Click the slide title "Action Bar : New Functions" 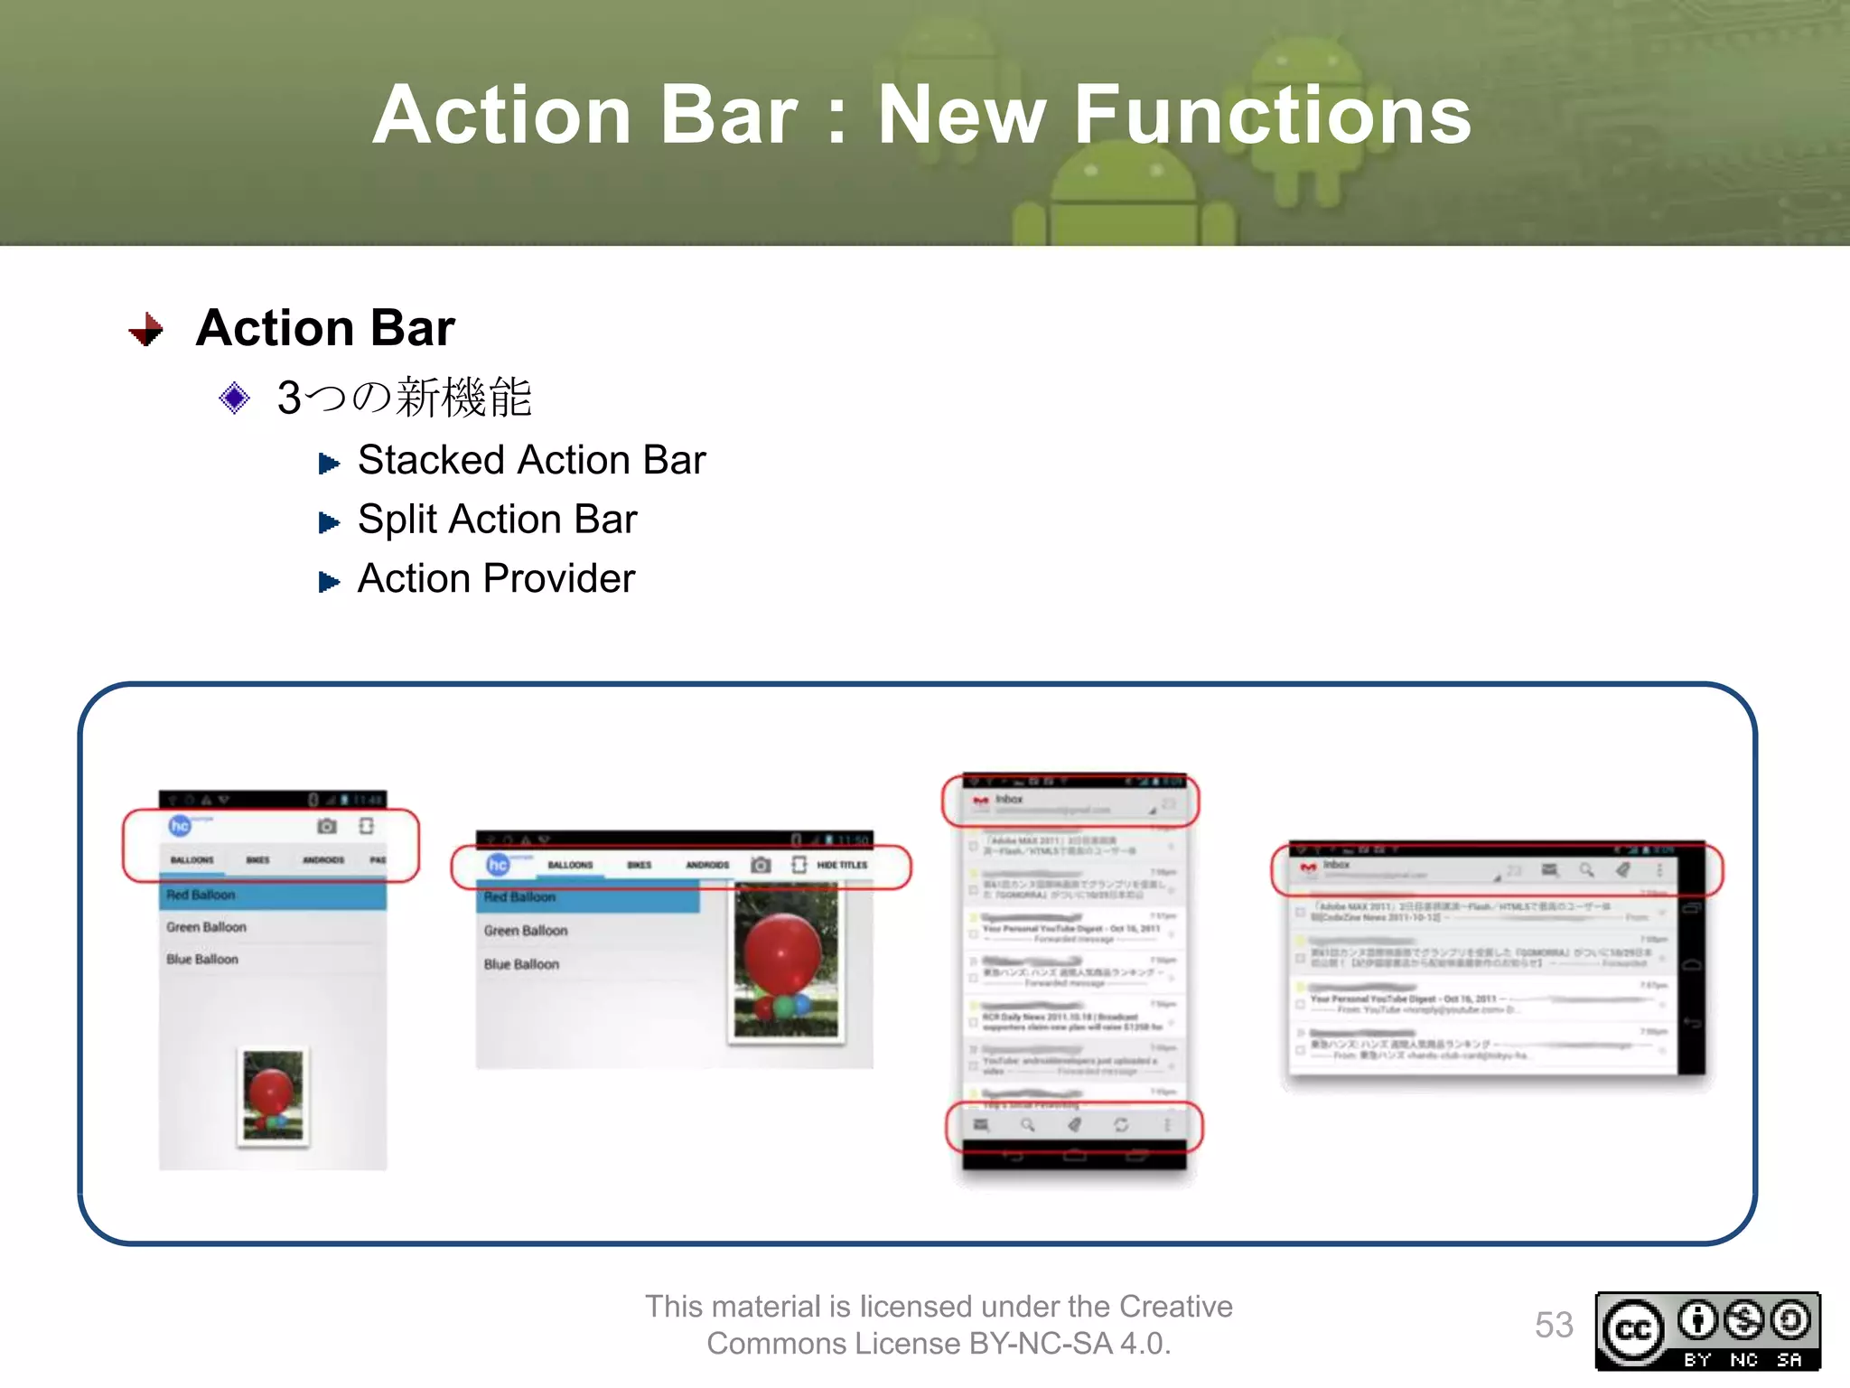click(921, 115)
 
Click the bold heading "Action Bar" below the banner click(325, 327)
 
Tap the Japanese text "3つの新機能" click(404, 398)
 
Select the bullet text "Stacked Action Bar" click(531, 460)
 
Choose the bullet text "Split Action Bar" click(497, 520)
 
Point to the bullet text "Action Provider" click(496, 578)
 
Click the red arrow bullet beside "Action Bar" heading click(146, 330)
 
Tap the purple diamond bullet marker click(234, 398)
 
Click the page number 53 click(1554, 1326)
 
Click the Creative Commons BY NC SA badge click(1707, 1331)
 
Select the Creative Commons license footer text click(938, 1325)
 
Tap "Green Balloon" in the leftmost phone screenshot click(206, 927)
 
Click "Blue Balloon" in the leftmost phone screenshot click(202, 960)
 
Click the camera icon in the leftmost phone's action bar click(327, 826)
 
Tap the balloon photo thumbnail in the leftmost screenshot click(273, 1096)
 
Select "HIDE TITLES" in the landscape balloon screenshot click(842, 866)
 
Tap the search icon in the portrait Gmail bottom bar click(1027, 1125)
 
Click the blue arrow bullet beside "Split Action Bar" click(329, 522)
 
